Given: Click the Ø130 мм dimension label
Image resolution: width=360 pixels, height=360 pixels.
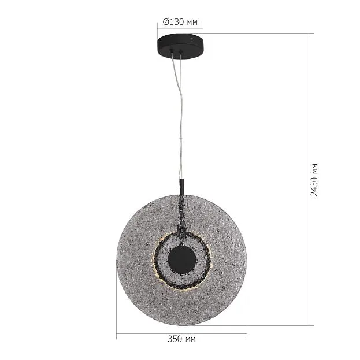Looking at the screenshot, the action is (180, 22).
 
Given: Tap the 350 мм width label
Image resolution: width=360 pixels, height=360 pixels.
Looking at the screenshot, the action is (181, 339).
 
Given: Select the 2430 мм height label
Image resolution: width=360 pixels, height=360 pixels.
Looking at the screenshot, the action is (314, 180).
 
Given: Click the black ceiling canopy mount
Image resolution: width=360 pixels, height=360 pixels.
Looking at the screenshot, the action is (180, 46).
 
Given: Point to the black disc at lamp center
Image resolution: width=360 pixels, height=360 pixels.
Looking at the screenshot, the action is (182, 259).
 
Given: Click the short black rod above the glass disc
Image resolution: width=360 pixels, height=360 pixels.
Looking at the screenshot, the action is (182, 187).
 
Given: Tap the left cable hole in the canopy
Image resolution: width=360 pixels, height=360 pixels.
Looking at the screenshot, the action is (171, 50).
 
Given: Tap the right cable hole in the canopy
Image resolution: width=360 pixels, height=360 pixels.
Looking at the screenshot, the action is (181, 51).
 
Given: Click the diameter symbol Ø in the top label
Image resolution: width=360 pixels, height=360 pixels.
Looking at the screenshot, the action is (166, 22).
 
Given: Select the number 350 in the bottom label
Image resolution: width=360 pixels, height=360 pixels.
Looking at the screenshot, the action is (175, 339).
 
